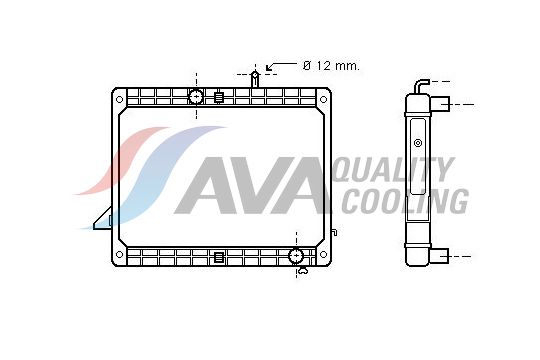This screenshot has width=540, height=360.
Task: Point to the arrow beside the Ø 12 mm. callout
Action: pos(279,66)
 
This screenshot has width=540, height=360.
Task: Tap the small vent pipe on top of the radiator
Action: pos(255,78)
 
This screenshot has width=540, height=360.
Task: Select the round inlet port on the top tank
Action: pos(196,97)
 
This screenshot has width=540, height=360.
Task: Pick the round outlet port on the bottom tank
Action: pos(296,256)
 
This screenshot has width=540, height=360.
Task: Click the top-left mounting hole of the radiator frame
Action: pos(119,98)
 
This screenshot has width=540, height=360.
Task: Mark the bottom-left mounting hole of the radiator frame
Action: pos(119,255)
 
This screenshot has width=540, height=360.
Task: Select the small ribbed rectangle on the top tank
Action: pos(218,97)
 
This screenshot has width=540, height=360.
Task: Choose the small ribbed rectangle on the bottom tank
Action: pos(218,257)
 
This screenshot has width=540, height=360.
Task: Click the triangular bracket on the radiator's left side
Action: pos(103,218)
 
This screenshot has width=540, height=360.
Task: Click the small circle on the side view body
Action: pos(418,143)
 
